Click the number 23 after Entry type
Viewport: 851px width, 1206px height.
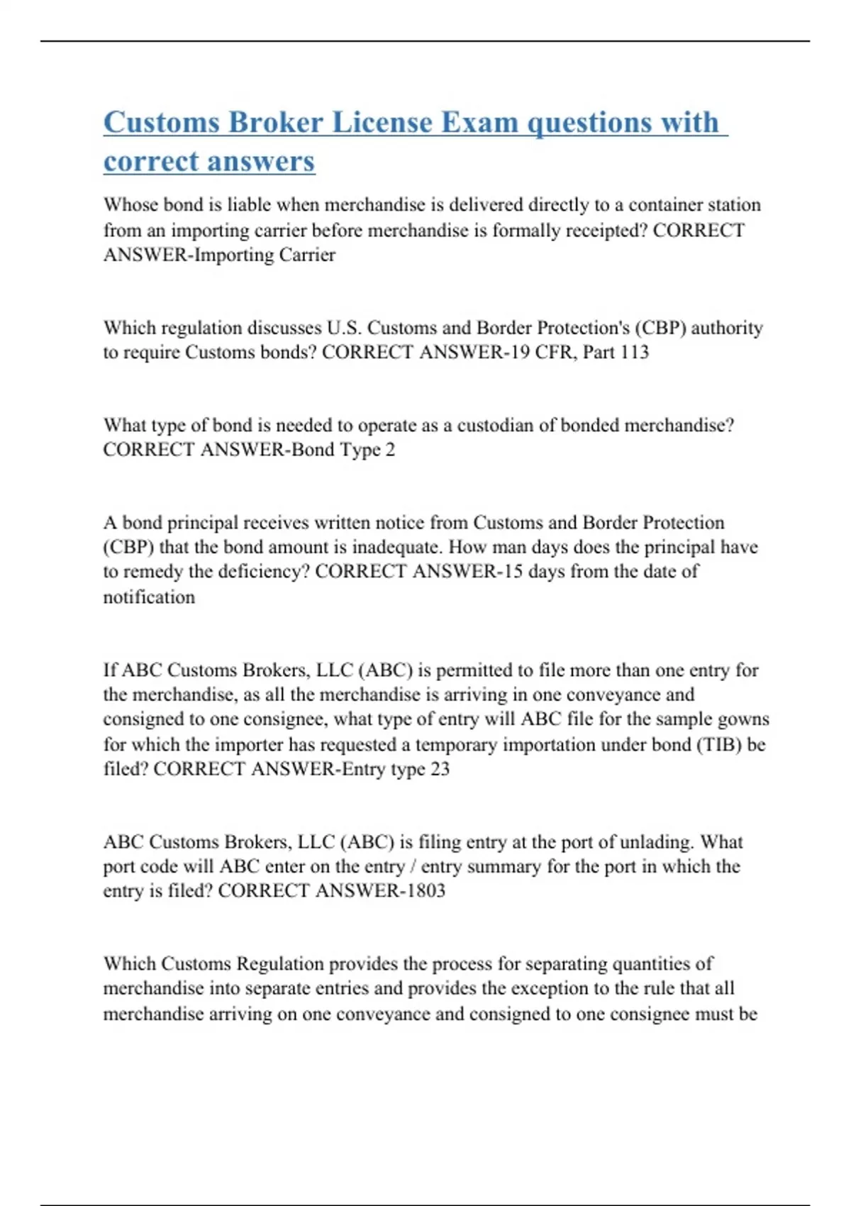[440, 769]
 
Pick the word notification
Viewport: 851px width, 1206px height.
[149, 597]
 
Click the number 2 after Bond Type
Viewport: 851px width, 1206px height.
[390, 450]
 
